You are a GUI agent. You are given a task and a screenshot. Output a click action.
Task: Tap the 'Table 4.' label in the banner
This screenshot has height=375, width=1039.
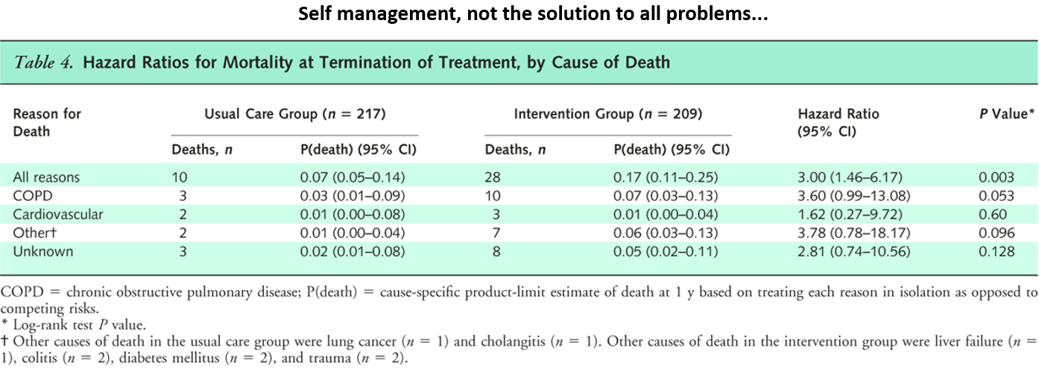(43, 62)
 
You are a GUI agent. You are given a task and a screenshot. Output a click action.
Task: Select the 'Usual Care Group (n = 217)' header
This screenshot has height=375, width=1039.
(295, 114)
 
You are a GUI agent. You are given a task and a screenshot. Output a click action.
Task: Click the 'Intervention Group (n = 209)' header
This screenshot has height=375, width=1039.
(608, 114)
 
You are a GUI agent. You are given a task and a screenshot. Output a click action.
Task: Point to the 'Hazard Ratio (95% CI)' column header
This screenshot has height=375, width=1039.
(839, 122)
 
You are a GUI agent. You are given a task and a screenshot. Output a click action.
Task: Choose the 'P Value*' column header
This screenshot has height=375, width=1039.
(1006, 114)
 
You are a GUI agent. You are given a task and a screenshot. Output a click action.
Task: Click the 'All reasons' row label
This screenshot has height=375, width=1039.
(46, 177)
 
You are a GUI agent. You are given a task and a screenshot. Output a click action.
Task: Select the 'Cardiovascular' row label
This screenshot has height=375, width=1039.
(58, 215)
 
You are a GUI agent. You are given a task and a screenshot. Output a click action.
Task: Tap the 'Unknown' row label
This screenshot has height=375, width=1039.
(43, 251)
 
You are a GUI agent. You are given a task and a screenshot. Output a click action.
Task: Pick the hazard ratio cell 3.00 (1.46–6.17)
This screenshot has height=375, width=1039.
(850, 177)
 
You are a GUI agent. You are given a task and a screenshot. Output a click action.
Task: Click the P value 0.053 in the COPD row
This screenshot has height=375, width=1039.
(997, 196)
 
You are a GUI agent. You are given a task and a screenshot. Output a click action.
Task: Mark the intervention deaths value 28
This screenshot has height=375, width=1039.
(493, 177)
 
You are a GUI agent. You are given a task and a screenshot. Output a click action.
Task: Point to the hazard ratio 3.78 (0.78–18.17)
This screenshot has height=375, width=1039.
(854, 233)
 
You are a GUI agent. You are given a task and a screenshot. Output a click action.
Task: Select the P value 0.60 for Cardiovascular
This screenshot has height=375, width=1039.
(993, 215)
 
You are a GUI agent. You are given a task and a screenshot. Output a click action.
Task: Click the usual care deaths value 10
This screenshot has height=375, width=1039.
(180, 177)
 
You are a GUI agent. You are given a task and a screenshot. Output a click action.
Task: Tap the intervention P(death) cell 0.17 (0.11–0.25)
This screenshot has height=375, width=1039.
(666, 177)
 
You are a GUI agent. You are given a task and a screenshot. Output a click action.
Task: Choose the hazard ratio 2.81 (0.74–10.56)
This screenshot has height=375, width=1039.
(854, 251)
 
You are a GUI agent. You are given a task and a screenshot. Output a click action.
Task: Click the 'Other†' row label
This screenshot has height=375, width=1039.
(34, 233)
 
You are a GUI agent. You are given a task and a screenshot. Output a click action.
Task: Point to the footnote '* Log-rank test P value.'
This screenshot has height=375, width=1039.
(74, 325)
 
